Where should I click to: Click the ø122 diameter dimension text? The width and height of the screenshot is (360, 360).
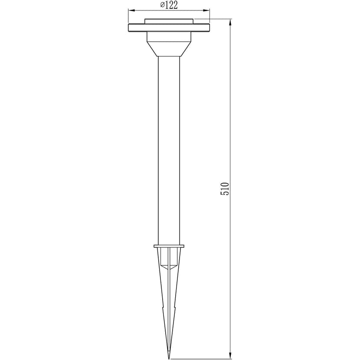point(169,5)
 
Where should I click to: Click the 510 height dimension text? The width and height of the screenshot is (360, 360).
point(225,189)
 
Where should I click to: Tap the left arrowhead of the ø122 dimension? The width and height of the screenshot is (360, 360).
point(131,10)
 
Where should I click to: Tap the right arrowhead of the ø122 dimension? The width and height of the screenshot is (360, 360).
point(207,10)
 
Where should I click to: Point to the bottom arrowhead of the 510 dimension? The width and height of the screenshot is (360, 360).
point(230,355)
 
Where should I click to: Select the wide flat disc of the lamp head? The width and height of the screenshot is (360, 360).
point(169,27)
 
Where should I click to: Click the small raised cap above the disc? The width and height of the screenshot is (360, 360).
point(169,21)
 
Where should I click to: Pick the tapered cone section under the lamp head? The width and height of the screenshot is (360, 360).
point(169,49)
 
